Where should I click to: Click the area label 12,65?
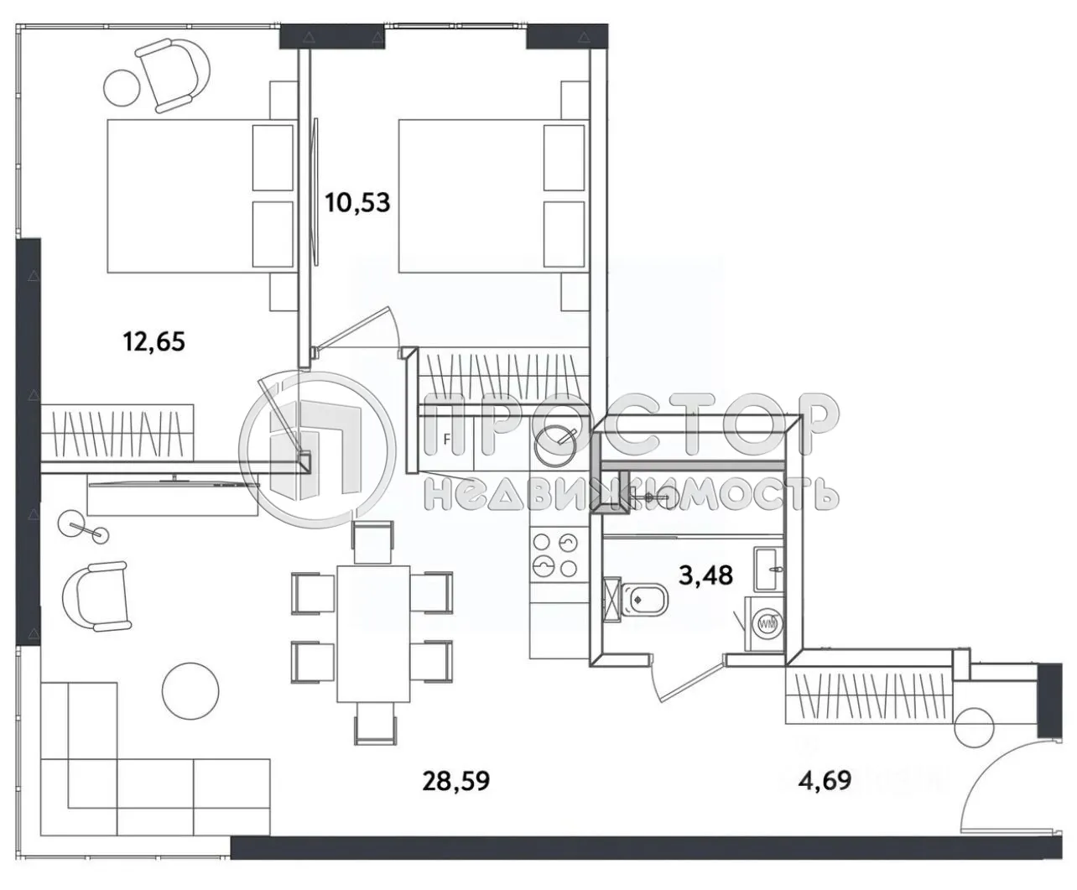[x=153, y=341]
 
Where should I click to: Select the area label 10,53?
[x=358, y=202]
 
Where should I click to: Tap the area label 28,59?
[x=455, y=781]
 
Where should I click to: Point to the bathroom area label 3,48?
[x=705, y=575]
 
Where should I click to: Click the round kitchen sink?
[x=554, y=445]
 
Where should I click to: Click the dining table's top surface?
[x=373, y=633]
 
